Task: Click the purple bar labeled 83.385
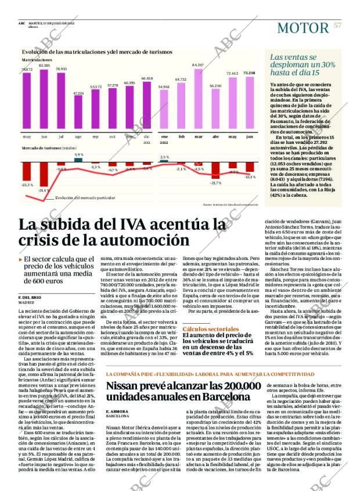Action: coord(44,99)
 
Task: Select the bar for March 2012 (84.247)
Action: coord(198,100)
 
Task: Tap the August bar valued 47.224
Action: coord(78,113)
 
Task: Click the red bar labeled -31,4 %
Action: coord(44,174)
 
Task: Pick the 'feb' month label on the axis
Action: coord(181,136)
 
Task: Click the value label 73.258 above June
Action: coord(249,73)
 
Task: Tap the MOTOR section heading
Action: coord(303,27)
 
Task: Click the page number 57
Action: coord(337,26)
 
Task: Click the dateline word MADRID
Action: coord(27,302)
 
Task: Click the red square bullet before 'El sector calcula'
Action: coord(20,259)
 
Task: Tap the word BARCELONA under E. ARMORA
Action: coord(118,417)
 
